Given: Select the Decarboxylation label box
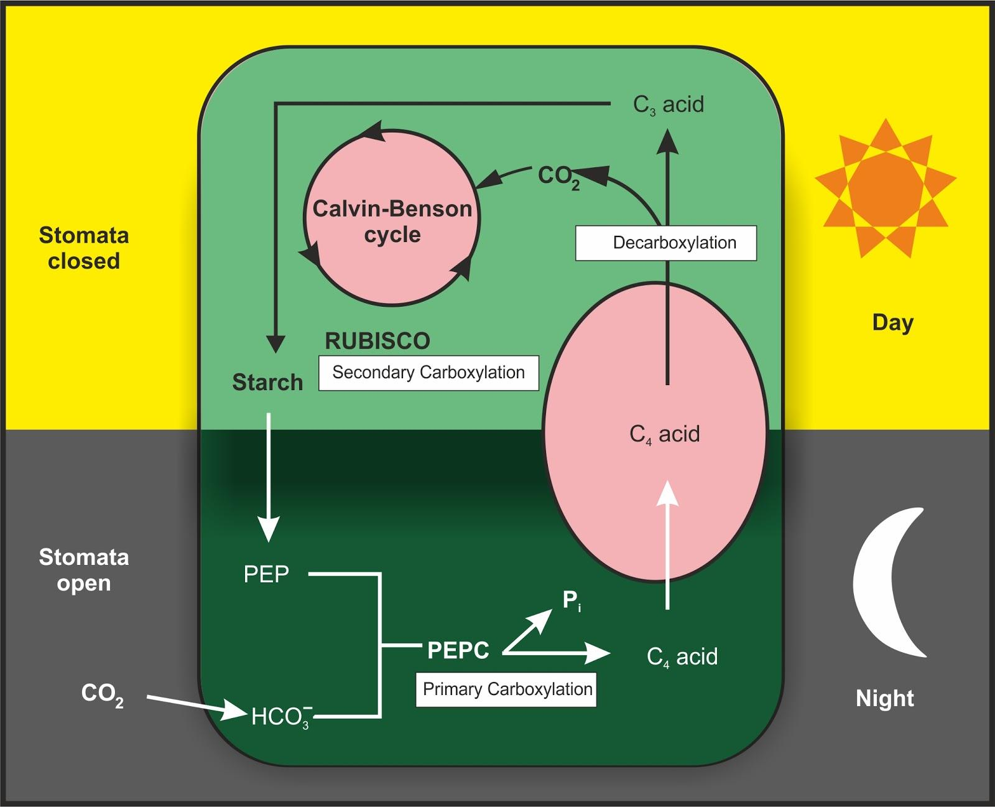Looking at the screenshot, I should pyautogui.click(x=666, y=243).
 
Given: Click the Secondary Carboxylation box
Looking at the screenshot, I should pyautogui.click(x=428, y=373).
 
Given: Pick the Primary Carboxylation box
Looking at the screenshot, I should pyautogui.click(x=506, y=689).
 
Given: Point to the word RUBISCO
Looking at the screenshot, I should pyautogui.click(x=377, y=341).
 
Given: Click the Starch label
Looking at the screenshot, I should pyautogui.click(x=267, y=382).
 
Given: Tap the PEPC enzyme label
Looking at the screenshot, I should pyautogui.click(x=458, y=651).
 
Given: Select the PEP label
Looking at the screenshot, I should pyautogui.click(x=266, y=574).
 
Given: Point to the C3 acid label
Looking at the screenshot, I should pyautogui.click(x=669, y=105).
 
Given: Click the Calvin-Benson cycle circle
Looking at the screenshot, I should pyautogui.click(x=392, y=218).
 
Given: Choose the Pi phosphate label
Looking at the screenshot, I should pyautogui.click(x=572, y=600).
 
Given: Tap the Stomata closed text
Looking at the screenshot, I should pyautogui.click(x=84, y=248).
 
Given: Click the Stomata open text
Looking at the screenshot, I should pyautogui.click(x=84, y=570).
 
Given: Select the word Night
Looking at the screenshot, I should pyautogui.click(x=885, y=699).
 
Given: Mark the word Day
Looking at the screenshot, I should pyautogui.click(x=893, y=322).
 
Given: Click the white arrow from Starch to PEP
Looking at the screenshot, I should pyautogui.click(x=269, y=476).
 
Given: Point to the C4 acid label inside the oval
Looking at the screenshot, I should pyautogui.click(x=664, y=434).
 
